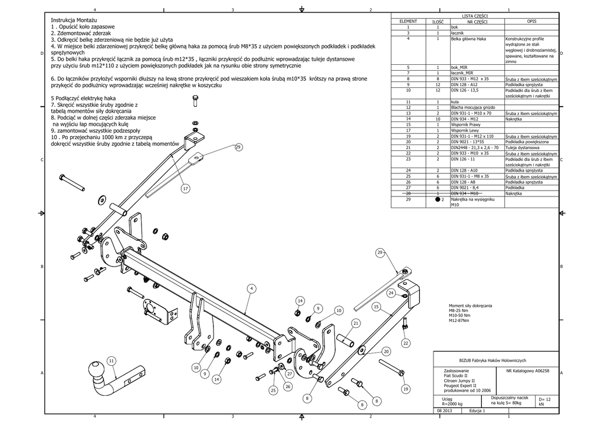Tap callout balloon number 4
pos(251,288)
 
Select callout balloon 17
pos(185,189)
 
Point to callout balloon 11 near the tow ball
pos(111,361)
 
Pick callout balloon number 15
pos(376,307)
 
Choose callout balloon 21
pos(356,323)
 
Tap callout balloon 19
pos(405,389)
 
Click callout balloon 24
pos(391,293)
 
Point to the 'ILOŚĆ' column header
pos(438,21)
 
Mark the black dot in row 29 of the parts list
pos(438,199)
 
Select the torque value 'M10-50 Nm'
pos(459,316)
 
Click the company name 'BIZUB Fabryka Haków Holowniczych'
pos(496,360)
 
